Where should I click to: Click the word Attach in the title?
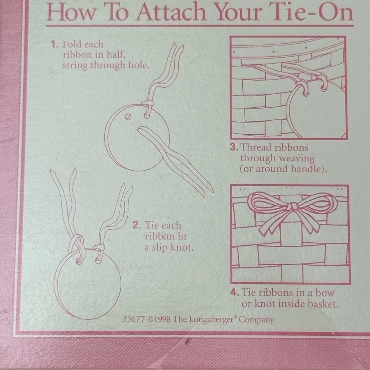(172, 12)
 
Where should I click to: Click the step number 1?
(54, 44)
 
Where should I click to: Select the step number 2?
(137, 225)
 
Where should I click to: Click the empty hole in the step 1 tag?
(128, 117)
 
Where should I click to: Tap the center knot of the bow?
(293, 206)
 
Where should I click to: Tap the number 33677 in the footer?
(134, 319)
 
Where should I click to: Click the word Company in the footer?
(256, 320)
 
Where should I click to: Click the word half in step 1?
(116, 55)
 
